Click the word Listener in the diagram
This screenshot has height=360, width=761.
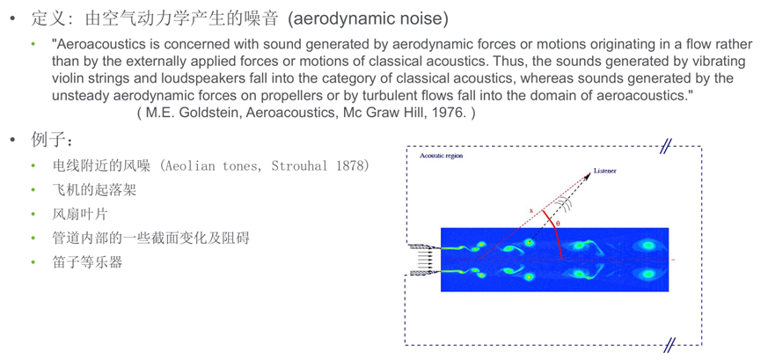tap(604, 171)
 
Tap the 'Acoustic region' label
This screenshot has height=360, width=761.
tap(442, 156)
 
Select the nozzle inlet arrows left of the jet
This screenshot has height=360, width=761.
tap(425, 261)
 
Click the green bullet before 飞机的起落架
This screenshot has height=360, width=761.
tap(34, 190)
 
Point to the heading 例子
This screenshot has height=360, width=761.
tap(51, 140)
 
